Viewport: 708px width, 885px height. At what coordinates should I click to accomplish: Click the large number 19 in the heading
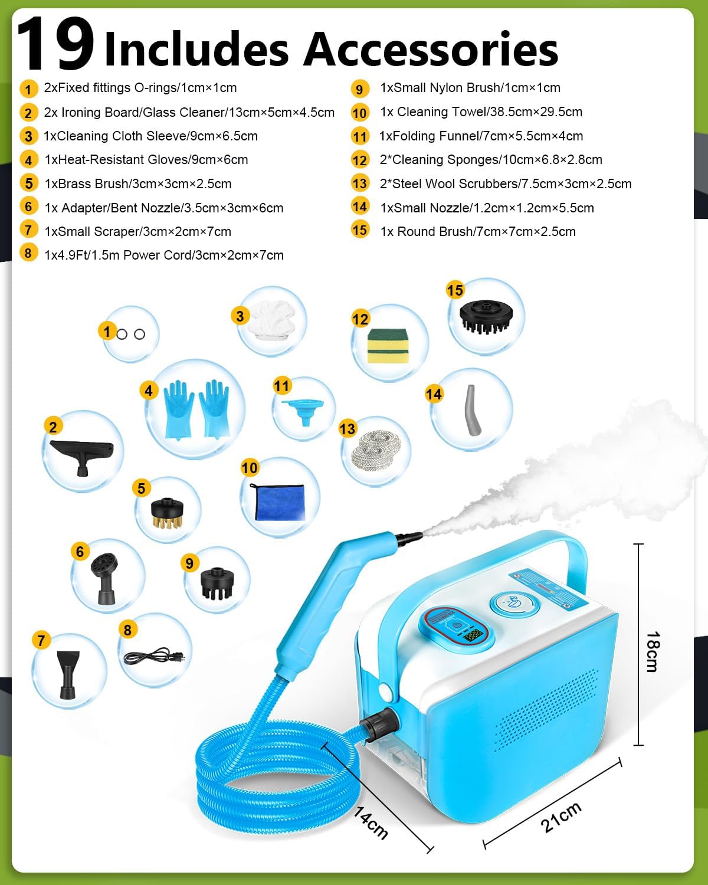pos(56,44)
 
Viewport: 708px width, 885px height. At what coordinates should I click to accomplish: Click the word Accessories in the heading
pos(431,50)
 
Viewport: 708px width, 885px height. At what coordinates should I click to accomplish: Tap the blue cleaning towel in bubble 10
pos(280,502)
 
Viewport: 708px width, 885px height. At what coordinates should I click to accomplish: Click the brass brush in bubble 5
pos(168,513)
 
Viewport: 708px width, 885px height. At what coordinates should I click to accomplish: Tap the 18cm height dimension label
pos(653,651)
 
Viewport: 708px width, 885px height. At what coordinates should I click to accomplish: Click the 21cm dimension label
pos(561,817)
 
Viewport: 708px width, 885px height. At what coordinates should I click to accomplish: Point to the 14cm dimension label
pos(371,822)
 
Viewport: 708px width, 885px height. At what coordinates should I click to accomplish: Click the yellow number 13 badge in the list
pos(359,183)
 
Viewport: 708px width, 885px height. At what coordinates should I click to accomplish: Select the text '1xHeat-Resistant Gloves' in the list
pos(112,160)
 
